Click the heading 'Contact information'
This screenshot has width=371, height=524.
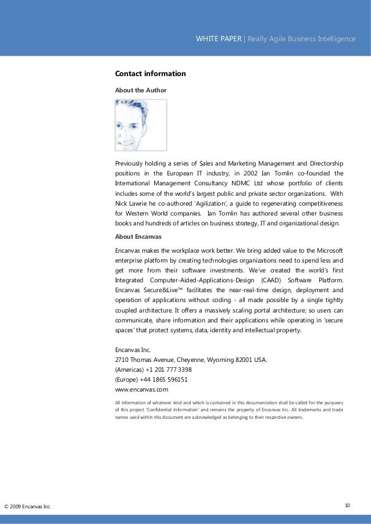click(x=150, y=74)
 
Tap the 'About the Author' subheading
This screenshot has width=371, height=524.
click(x=141, y=91)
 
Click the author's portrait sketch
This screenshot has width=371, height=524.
click(x=140, y=125)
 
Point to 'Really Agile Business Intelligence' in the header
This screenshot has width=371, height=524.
click(x=302, y=39)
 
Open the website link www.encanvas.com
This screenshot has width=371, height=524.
click(x=142, y=390)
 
